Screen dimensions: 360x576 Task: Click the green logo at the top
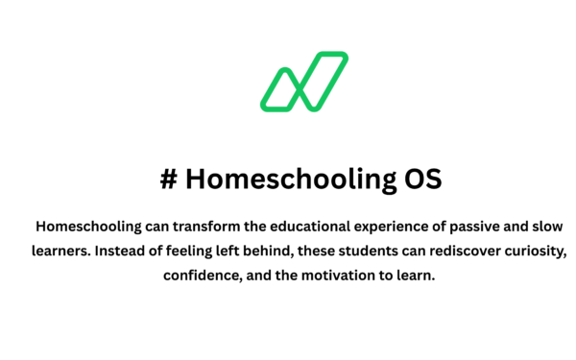coord(303,81)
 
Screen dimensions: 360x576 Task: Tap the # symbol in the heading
coord(169,180)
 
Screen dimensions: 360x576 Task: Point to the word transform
coord(200,227)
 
